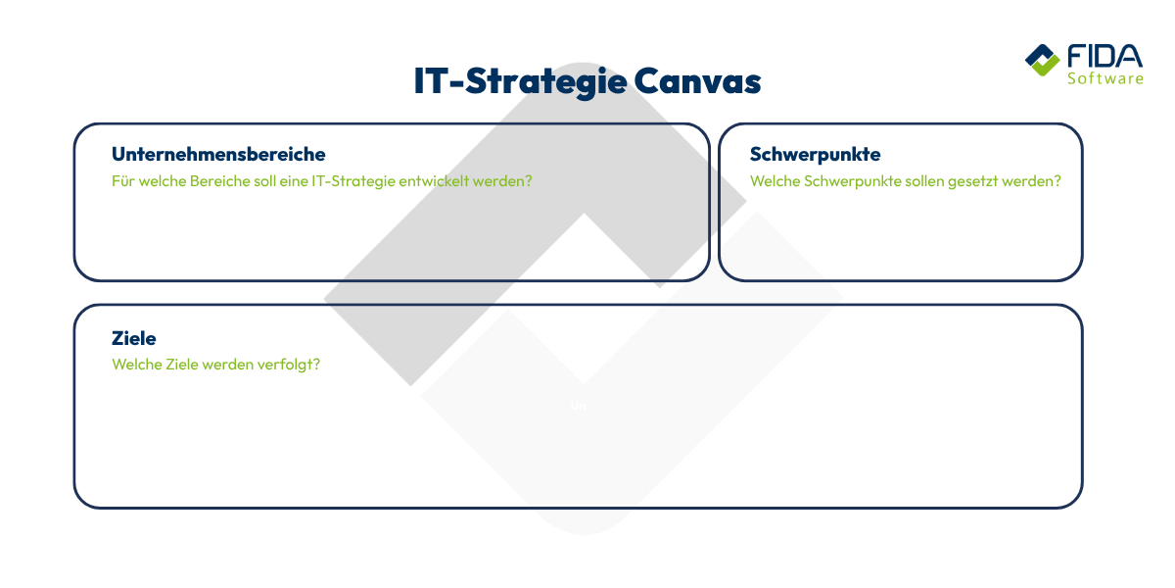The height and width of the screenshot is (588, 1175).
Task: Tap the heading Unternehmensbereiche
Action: point(218,155)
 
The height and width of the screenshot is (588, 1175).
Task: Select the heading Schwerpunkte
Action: point(816,155)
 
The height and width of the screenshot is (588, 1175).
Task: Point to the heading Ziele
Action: point(134,338)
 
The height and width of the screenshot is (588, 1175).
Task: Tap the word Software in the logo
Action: point(1104,78)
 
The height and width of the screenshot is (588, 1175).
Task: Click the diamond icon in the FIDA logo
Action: point(1042,60)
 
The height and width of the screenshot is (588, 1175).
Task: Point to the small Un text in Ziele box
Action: point(578,406)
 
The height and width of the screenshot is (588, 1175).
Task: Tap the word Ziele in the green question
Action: point(180,365)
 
